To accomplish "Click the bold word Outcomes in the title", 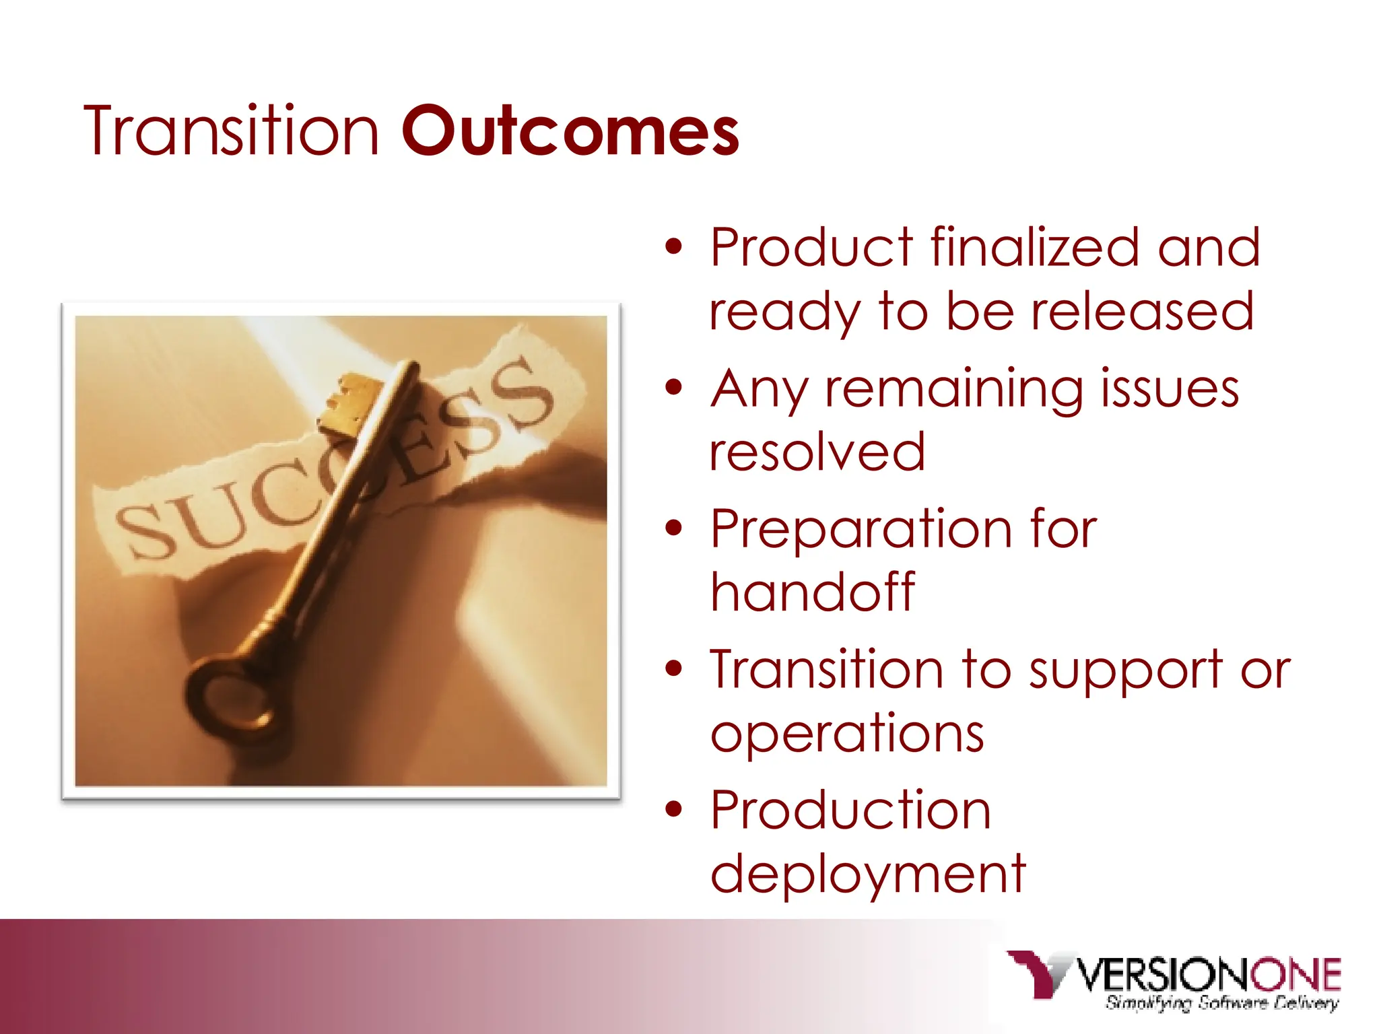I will point(570,131).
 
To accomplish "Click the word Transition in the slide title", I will point(231,131).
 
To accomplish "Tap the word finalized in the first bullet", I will point(1035,248).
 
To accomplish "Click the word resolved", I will point(817,452).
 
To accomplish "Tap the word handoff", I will point(813,592).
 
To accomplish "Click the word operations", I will point(847,733).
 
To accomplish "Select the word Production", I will point(850,810).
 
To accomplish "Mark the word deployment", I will point(868,874).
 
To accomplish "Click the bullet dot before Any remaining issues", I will point(673,388).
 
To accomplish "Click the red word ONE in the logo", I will point(1295,975).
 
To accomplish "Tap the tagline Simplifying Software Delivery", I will point(1221,1003).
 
